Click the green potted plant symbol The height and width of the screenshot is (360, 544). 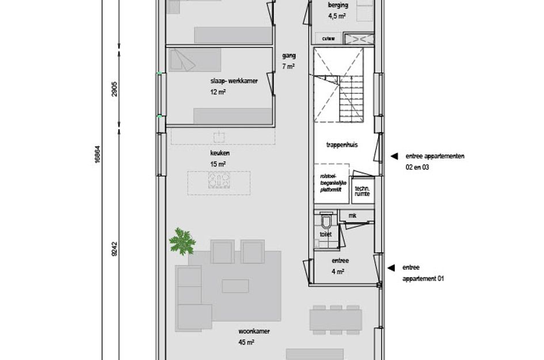pyautogui.click(x=182, y=241)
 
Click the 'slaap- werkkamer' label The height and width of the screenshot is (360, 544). pyautogui.click(x=234, y=81)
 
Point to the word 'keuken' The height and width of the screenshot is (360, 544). pyautogui.click(x=219, y=154)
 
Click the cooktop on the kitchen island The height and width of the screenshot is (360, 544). pyautogui.click(x=219, y=181)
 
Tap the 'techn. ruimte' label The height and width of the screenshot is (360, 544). pyautogui.click(x=363, y=192)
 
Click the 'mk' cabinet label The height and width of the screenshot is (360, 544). pyautogui.click(x=352, y=215)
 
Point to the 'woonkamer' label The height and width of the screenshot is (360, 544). pyautogui.click(x=254, y=332)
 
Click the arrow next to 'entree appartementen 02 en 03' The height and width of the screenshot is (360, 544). pyautogui.click(x=394, y=156)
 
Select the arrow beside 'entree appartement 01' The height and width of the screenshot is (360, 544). pyautogui.click(x=391, y=268)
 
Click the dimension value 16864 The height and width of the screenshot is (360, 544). pyautogui.click(x=97, y=154)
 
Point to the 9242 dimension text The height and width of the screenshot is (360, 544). pyautogui.click(x=115, y=249)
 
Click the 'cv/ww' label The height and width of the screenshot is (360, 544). pyautogui.click(x=328, y=39)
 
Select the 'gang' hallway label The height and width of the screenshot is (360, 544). pyautogui.click(x=288, y=56)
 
